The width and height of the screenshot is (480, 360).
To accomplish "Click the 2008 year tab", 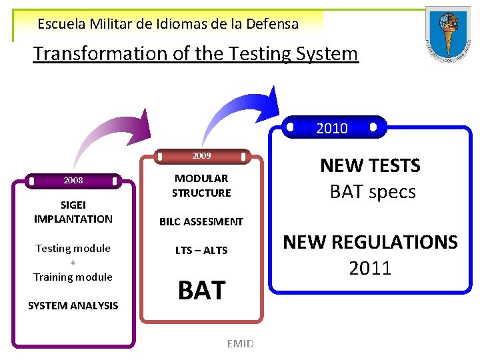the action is point(73,181).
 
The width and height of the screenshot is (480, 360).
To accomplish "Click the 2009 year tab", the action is point(201,156).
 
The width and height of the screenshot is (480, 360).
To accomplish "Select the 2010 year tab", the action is point(331,128).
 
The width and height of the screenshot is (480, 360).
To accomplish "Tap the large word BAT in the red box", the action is point(201,290).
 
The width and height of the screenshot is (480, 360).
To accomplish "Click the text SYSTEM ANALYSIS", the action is point(73,305).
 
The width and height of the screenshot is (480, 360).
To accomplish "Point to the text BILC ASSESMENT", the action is point(201,221).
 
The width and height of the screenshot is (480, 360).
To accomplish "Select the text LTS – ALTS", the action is point(201,250).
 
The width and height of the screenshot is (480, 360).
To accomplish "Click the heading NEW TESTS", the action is point(370,165).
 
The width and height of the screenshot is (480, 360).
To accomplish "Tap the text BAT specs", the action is point(373,192).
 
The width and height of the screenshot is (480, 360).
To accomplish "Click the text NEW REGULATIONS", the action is point(371,241).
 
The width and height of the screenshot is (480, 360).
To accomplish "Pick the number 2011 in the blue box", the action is point(370,269).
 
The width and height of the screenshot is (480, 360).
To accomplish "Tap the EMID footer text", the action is point(240,344).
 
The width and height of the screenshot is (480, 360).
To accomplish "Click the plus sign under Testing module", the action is point(73,262).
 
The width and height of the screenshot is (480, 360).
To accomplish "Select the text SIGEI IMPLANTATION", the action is point(73,212).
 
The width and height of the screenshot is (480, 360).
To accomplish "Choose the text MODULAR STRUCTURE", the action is point(201,185).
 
